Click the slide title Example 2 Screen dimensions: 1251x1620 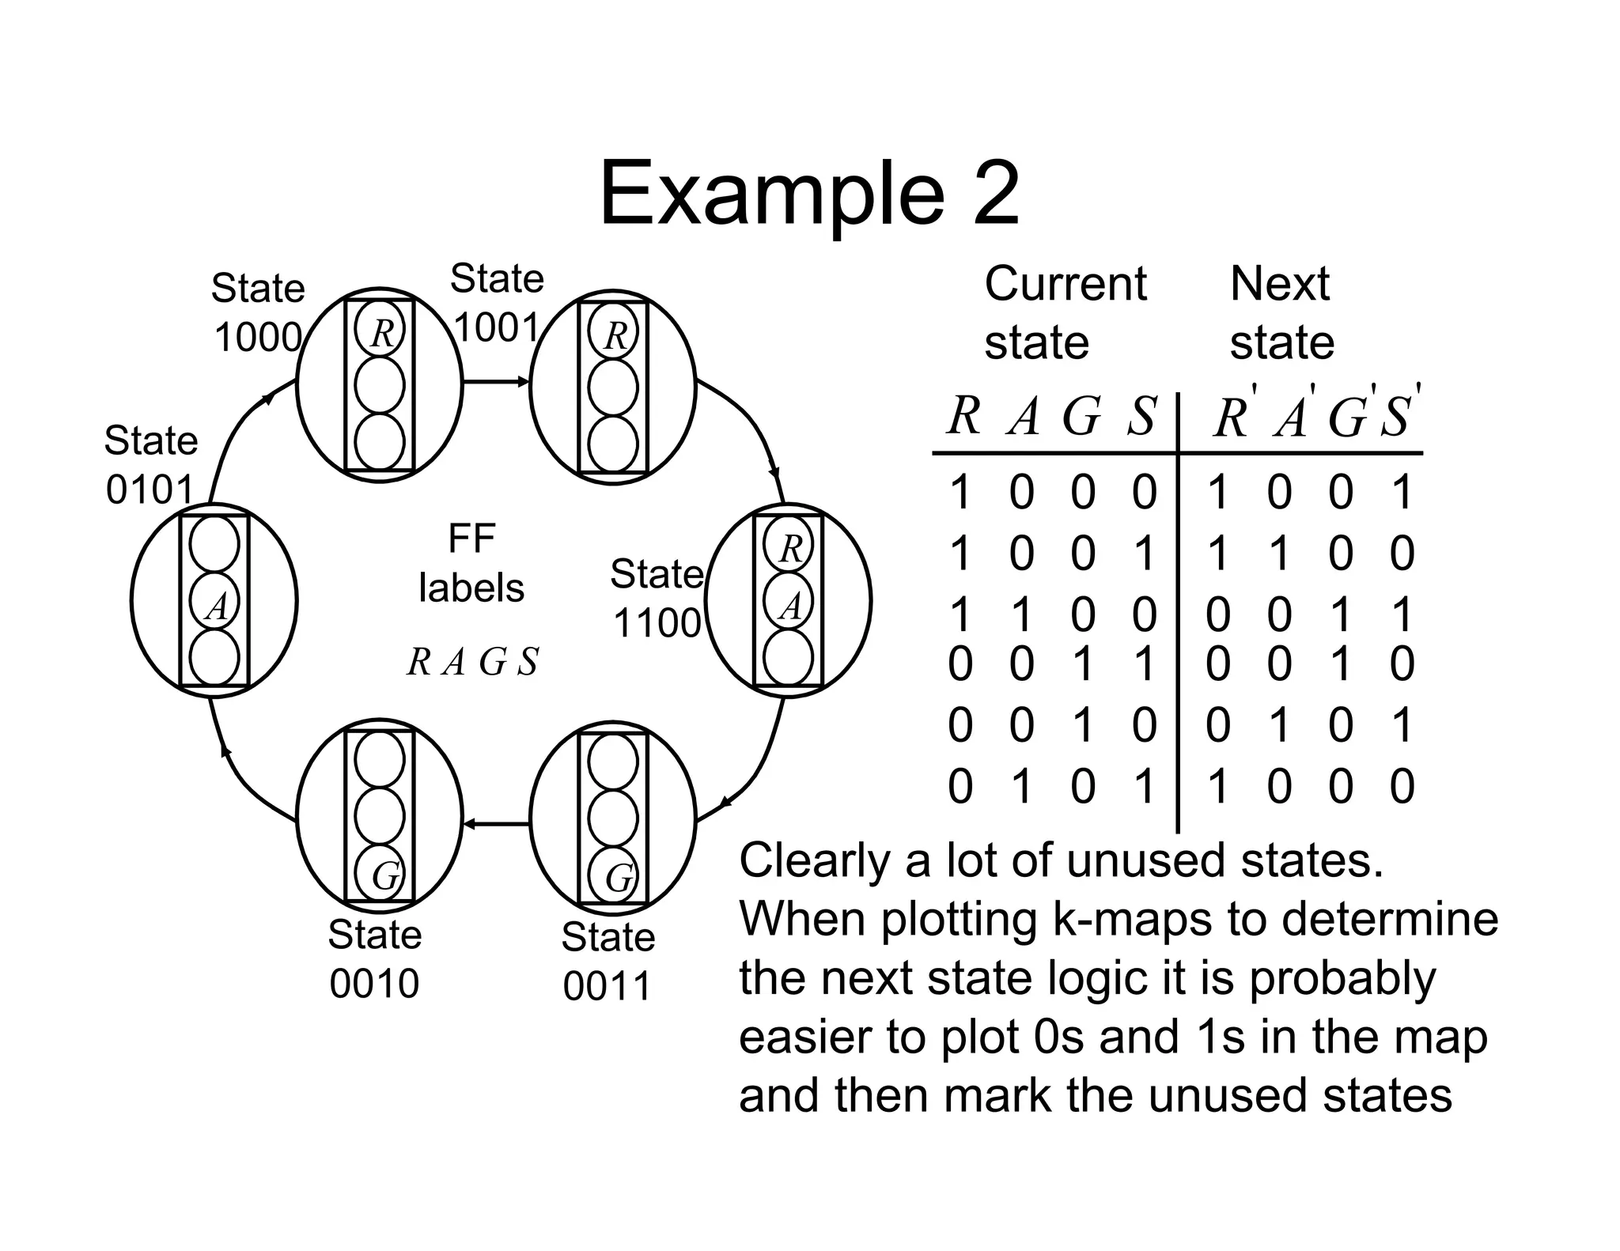point(808,195)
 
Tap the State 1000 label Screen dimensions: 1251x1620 point(258,313)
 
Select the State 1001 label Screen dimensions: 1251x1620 point(497,304)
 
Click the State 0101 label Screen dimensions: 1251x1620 point(150,466)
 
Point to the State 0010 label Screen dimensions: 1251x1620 point(374,959)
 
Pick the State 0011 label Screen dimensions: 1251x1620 point(607,962)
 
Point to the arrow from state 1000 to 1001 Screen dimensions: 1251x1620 point(495,382)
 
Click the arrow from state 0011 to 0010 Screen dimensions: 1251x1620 point(495,824)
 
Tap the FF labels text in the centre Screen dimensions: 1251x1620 point(471,564)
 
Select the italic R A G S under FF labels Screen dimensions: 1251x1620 point(472,662)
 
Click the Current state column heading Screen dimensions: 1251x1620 point(1064,313)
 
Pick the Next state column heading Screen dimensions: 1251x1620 point(1281,313)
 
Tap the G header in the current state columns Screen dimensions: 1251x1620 point(1081,416)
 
